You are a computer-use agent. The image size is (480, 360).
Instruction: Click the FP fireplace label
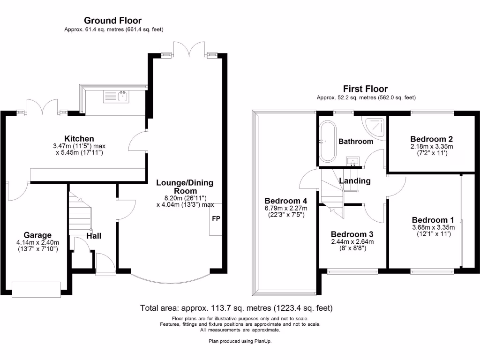[x=216, y=219]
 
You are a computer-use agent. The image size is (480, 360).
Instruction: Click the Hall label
[x=94, y=236]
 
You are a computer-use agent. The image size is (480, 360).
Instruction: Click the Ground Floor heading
[x=112, y=21]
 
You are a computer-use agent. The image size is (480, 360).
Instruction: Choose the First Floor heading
[x=365, y=89]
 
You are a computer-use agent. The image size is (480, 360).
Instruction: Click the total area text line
[x=236, y=308]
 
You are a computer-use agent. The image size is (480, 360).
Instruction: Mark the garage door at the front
[x=37, y=289]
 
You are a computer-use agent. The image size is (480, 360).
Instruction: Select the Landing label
[x=355, y=181]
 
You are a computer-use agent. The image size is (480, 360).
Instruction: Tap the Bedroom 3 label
[x=352, y=234]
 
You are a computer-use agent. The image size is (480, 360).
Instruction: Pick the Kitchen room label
[x=79, y=139]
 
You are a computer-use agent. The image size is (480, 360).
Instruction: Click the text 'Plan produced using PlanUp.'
[x=240, y=341]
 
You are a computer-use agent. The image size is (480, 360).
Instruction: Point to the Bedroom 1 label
[x=433, y=220]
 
